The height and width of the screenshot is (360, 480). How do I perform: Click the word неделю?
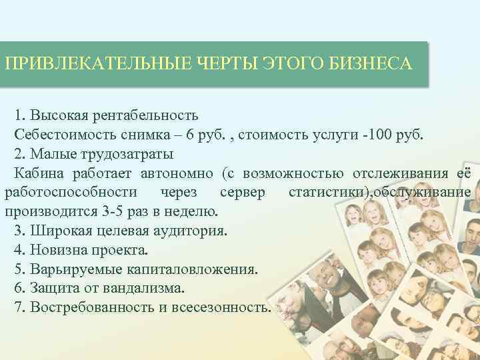click(x=191, y=213)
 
